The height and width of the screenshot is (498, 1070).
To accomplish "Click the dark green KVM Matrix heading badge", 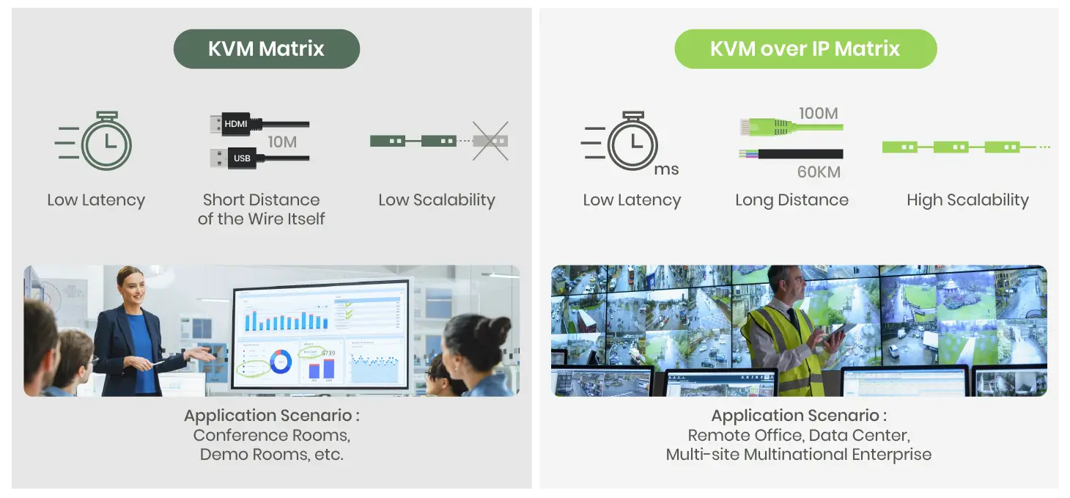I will tap(266, 49).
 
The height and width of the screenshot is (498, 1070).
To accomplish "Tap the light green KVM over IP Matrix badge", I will tap(805, 49).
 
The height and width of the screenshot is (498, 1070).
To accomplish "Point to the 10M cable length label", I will tap(282, 142).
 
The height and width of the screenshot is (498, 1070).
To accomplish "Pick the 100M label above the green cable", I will tap(818, 114).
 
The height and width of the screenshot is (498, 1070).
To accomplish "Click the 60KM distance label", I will tap(818, 173).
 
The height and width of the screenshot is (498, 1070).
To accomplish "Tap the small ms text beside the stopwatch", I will tap(666, 170).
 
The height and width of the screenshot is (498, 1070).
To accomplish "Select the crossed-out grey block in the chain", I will tap(490, 141).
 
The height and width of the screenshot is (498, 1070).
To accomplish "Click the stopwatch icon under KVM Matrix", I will tap(106, 142).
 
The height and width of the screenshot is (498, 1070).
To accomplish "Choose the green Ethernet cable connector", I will tap(749, 128).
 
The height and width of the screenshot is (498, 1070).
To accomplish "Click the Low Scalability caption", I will tap(437, 199).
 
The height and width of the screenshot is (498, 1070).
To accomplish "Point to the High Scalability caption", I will tap(967, 199).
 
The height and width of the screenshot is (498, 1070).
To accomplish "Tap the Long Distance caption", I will tap(792, 199).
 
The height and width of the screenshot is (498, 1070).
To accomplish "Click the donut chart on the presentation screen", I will tap(281, 361).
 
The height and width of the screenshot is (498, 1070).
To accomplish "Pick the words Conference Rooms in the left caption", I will tap(271, 435).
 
